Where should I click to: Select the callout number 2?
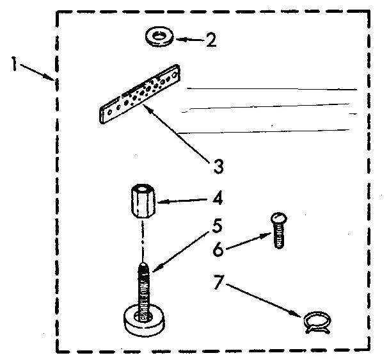210,41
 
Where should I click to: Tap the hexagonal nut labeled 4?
141,201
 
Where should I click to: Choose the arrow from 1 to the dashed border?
38,72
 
